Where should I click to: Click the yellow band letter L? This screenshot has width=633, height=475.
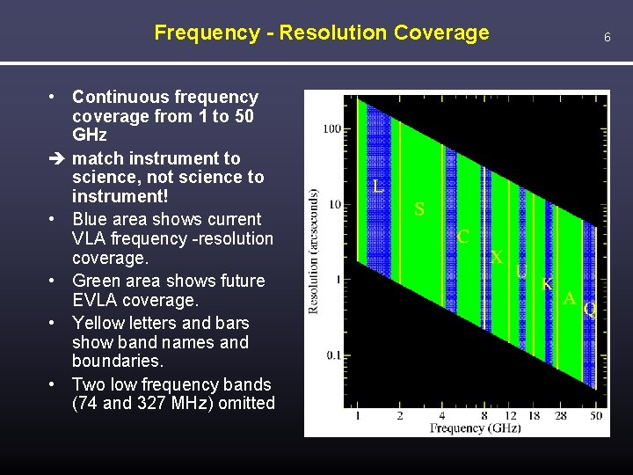[377, 186]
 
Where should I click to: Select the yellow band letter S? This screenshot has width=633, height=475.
[419, 209]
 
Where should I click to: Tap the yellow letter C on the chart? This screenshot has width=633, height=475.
[462, 237]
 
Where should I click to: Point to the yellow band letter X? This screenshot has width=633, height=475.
[497, 258]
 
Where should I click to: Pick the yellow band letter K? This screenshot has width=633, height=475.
[547, 285]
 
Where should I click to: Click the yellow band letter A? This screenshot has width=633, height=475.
[570, 299]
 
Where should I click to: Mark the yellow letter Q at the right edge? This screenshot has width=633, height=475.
[590, 310]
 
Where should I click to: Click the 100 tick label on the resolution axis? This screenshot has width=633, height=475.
[331, 129]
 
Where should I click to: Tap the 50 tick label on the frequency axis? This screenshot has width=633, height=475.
[596, 415]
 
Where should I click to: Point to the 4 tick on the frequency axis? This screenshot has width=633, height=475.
[441, 415]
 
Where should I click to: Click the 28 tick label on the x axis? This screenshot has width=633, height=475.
[560, 415]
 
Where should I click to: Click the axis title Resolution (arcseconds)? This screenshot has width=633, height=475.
[314, 251]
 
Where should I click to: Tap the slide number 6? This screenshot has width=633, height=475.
[607, 37]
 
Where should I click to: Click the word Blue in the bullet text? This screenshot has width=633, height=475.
[92, 219]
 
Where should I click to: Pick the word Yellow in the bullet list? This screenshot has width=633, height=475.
[99, 323]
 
